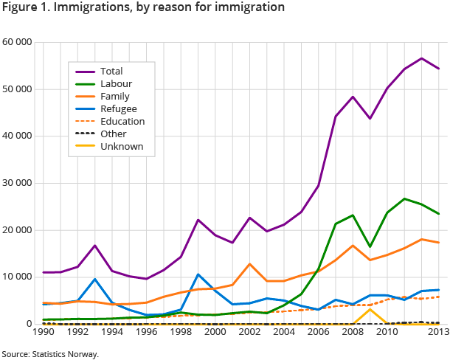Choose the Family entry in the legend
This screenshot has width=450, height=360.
coord(114,97)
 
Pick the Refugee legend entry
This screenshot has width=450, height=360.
coord(118,109)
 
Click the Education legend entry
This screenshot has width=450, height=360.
coord(122,121)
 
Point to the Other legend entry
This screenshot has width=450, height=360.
coord(113,134)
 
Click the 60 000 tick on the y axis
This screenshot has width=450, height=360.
coord(16,42)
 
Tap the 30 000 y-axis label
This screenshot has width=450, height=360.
coord(16,183)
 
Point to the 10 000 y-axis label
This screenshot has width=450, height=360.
coord(16,277)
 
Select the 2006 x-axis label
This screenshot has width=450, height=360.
coord(318,333)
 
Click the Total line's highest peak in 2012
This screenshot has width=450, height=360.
coord(421,58)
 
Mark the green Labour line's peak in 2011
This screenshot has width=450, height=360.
coord(404,198)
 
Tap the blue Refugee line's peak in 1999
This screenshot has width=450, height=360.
coord(198,274)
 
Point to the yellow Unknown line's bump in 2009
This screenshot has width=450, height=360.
coord(370,309)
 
